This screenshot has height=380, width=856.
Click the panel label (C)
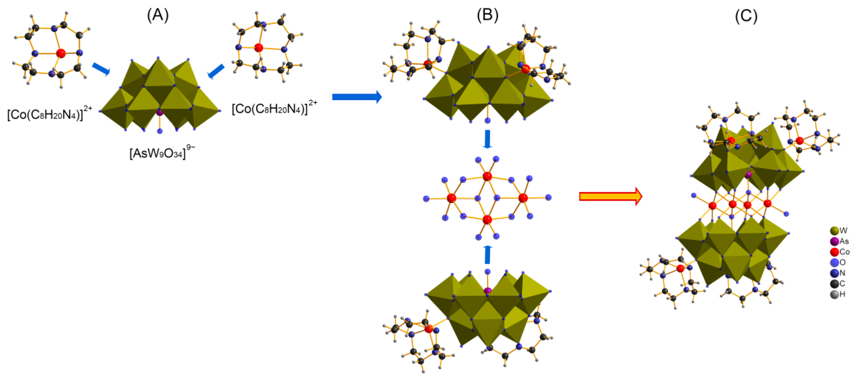(746, 16)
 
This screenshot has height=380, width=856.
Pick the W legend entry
(839, 230)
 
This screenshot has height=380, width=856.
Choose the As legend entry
(840, 241)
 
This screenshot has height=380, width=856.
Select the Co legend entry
(840, 252)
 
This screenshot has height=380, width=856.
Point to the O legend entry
(838, 262)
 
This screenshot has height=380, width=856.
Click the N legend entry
(838, 273)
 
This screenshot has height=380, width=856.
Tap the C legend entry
(838, 284)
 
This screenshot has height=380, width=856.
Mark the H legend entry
(838, 294)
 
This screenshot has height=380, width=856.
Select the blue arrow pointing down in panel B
(487, 139)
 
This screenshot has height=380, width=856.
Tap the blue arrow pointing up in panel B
(487, 255)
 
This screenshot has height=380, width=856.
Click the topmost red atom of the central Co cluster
(487, 176)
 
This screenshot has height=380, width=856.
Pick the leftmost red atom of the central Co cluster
(451, 198)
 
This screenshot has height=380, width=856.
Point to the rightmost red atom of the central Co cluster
(523, 198)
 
